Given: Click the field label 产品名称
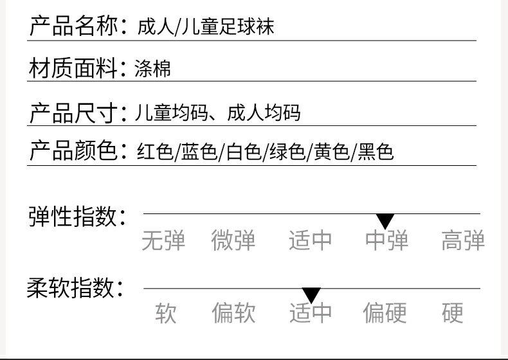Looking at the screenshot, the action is click(73, 27).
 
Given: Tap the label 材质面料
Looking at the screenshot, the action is click(73, 68).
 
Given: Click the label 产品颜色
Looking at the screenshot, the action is click(73, 151).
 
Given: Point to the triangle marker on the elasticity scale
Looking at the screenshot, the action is click(385, 221).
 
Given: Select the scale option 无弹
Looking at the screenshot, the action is click(163, 241).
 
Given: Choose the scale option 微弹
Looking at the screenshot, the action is click(233, 241).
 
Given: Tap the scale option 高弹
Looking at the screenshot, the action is click(463, 241).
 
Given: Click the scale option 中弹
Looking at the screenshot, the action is click(386, 241).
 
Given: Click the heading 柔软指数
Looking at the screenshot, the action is click(75, 288).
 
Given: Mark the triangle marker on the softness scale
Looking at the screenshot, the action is click(311, 295).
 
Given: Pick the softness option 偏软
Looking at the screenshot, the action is click(234, 313).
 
